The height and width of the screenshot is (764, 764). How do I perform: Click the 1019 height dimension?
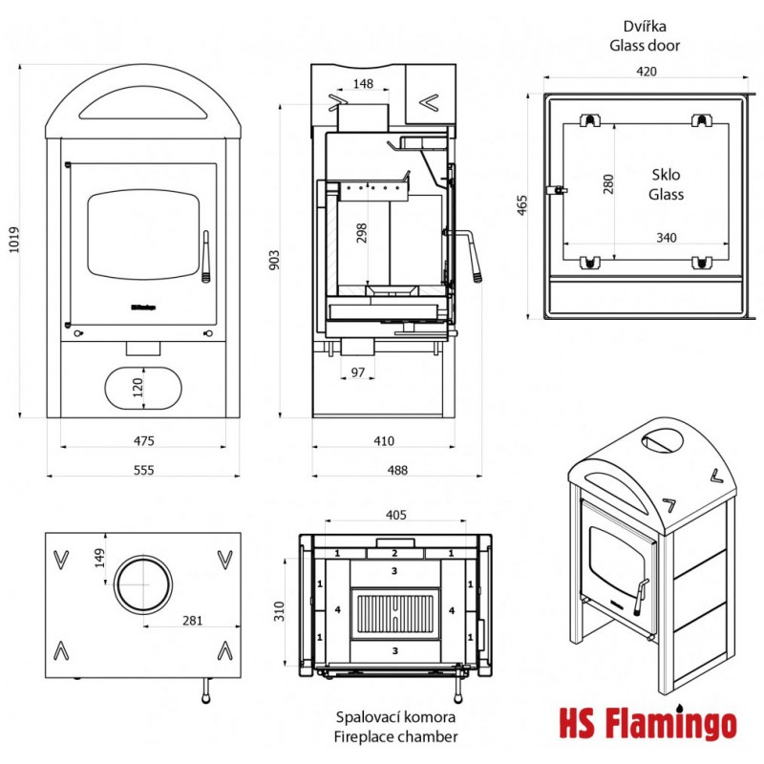[12, 244]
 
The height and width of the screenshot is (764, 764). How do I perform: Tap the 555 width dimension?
[145, 469]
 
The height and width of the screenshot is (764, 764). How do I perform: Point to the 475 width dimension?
[145, 440]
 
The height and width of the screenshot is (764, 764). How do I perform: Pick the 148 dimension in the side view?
[363, 84]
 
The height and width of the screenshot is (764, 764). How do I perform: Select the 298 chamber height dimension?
[360, 234]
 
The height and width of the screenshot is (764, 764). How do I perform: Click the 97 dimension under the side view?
[358, 372]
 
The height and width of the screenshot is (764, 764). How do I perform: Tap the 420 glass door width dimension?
[646, 71]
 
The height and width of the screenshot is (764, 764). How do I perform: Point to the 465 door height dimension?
[522, 204]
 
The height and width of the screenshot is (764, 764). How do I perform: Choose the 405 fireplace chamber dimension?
[396, 515]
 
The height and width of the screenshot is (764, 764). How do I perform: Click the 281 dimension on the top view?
[192, 621]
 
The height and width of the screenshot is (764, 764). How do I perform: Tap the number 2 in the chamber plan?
[395, 554]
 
